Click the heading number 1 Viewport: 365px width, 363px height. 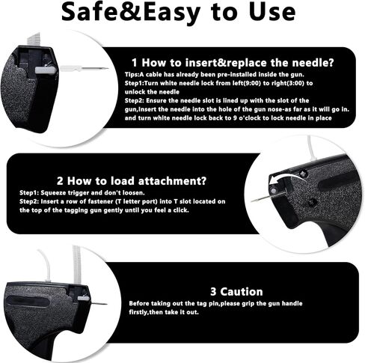pyautogui.click(x=135, y=63)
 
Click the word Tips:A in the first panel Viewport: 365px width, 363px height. pyautogui.click(x=135, y=74)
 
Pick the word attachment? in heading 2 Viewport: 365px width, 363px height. pyautogui.click(x=172, y=181)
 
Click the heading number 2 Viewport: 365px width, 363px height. pyautogui.click(x=60, y=181)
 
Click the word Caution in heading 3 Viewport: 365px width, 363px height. pyautogui.click(x=241, y=292)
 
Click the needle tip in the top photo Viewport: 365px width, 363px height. pyautogui.click(x=108, y=68)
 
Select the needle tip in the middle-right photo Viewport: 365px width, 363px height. pyautogui.click(x=252, y=201)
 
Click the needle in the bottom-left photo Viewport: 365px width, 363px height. pyautogui.click(x=97, y=303)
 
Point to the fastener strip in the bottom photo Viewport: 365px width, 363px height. pyautogui.click(x=76, y=265)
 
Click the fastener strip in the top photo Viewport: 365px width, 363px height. pyautogui.click(x=33, y=40)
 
